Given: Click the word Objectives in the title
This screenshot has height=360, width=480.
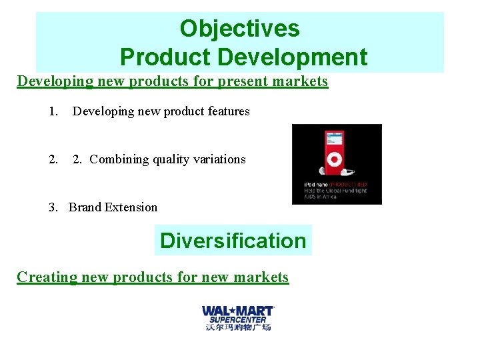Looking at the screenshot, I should pos(239,29).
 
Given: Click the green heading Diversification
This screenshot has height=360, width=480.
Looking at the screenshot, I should pos(233,241).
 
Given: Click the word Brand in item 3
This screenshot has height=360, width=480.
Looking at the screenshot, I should pos(84,207).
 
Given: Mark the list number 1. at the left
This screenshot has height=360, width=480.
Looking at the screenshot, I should pos(53,111).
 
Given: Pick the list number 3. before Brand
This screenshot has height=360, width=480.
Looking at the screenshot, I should pos(53,207).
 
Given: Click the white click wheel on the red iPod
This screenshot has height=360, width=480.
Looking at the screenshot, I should pos(333,160).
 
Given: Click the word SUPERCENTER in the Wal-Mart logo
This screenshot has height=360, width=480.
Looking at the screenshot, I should pos(238,319).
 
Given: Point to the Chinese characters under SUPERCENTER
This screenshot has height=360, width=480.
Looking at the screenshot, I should pos(238,327).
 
